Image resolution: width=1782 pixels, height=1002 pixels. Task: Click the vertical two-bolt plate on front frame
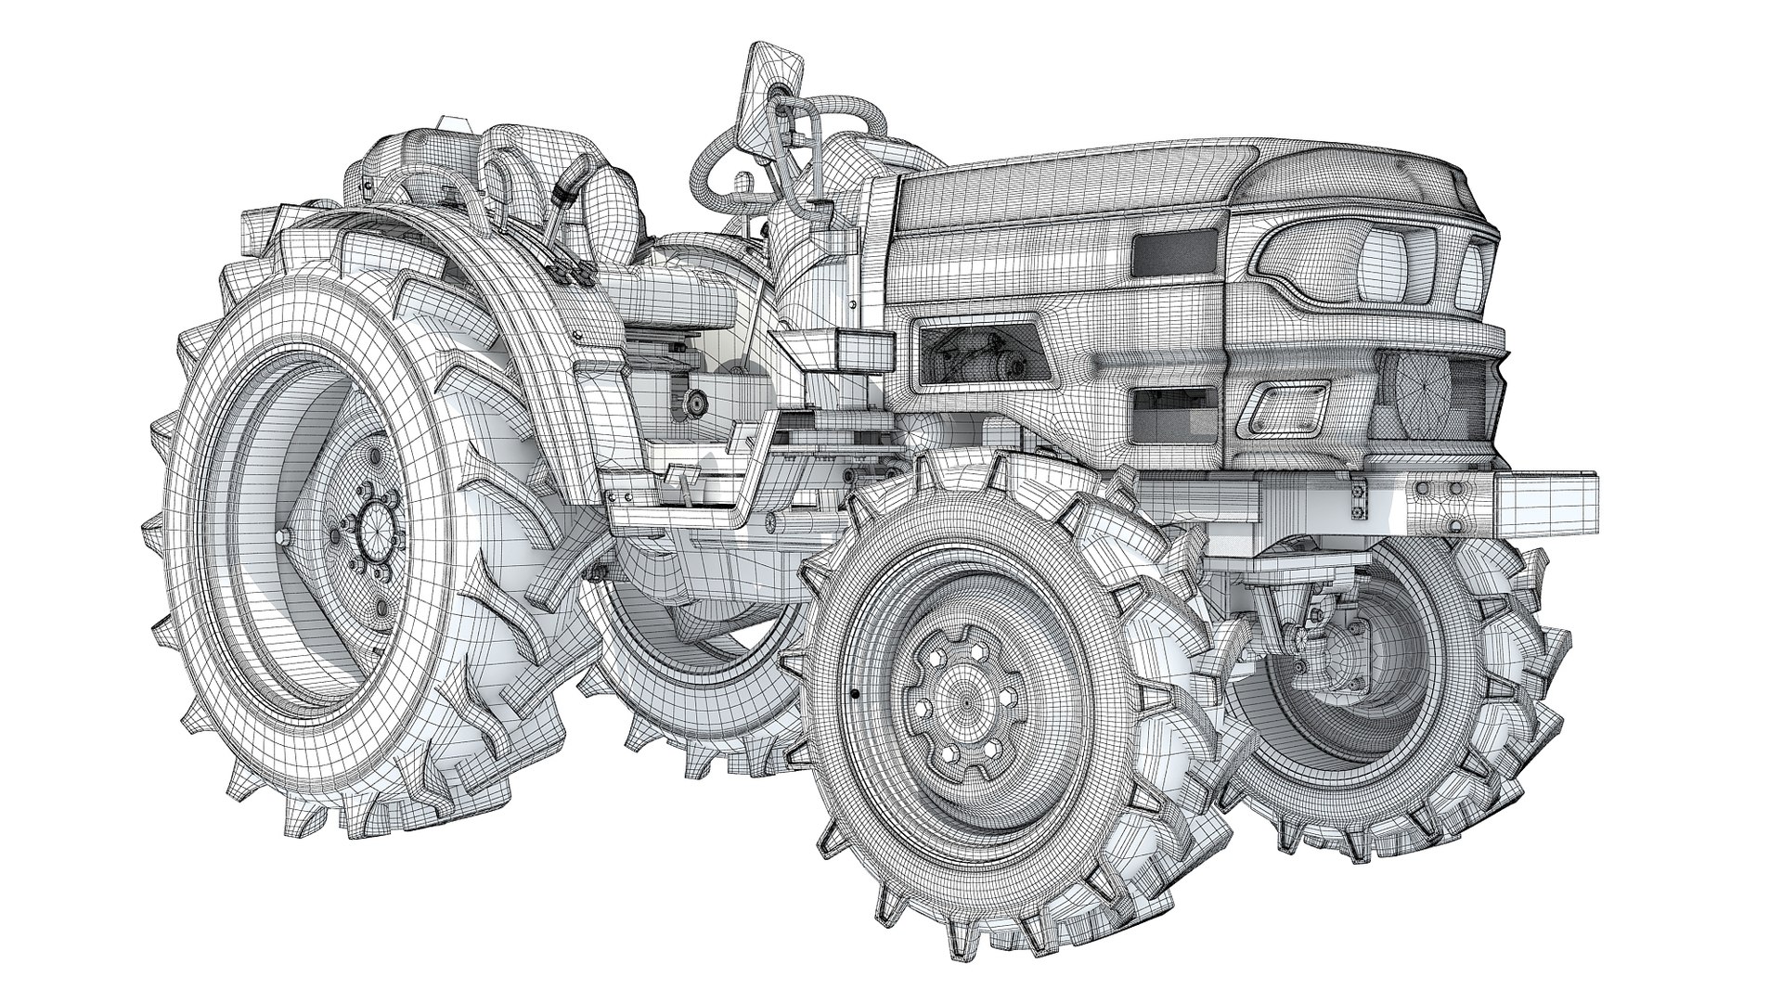(x=1360, y=501)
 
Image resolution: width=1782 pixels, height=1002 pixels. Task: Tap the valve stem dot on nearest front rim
(x=852, y=693)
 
